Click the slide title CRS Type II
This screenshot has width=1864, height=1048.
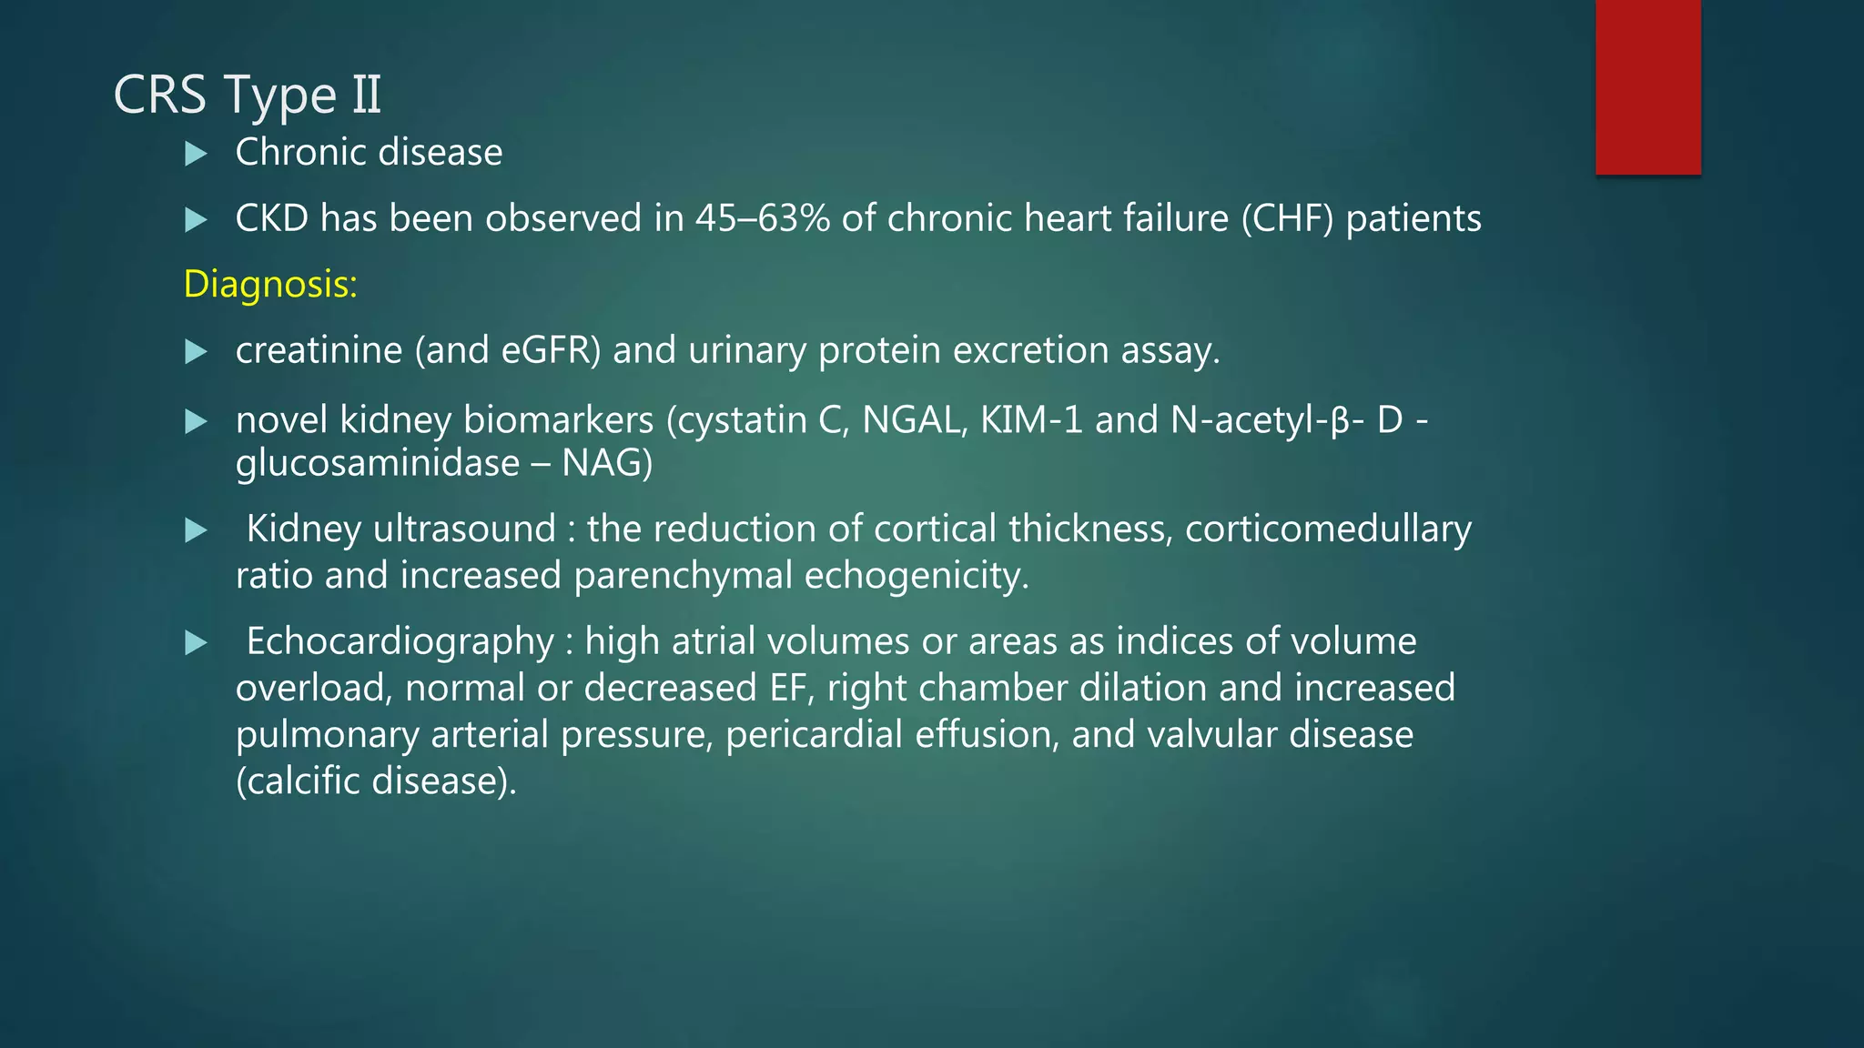pyautogui.click(x=247, y=95)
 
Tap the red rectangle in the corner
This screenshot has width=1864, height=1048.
pyautogui.click(x=1647, y=86)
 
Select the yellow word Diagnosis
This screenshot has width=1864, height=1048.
pyautogui.click(x=269, y=285)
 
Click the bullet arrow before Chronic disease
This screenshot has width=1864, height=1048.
pyautogui.click(x=196, y=154)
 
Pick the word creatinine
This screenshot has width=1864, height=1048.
pyautogui.click(x=319, y=351)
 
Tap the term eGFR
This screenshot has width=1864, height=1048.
pyautogui.click(x=551, y=351)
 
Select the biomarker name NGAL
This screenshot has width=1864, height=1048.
pyautogui.click(x=913, y=420)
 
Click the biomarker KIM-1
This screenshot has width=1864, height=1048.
pyautogui.click(x=1030, y=420)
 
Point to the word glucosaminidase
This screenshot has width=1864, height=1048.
pyautogui.click(x=377, y=464)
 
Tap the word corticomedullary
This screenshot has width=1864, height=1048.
pyautogui.click(x=1328, y=529)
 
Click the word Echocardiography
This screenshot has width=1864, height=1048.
pyautogui.click(x=400, y=642)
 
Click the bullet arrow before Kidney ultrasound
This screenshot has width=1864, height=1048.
pyautogui.click(x=196, y=530)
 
